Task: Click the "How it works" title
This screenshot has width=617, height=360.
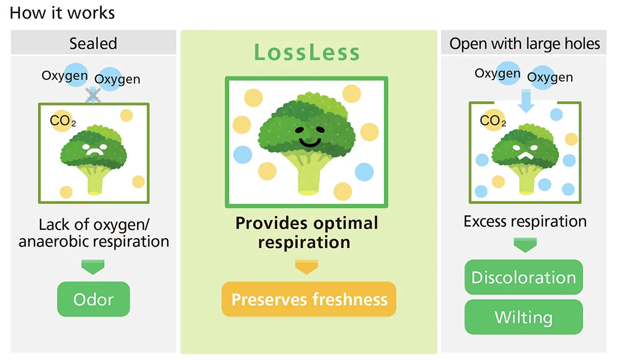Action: click(62, 13)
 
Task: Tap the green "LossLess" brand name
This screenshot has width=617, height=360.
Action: click(307, 52)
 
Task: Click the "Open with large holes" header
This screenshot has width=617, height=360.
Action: click(524, 43)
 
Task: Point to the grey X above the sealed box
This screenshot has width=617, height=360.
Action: click(93, 95)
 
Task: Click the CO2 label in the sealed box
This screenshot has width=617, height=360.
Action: click(63, 121)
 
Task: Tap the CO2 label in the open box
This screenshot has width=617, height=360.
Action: click(493, 120)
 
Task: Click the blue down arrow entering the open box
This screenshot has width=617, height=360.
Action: click(526, 100)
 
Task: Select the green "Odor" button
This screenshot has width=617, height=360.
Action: click(94, 299)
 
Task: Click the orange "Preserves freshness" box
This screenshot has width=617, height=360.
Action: click(309, 299)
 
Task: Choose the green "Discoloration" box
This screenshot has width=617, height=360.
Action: click(523, 277)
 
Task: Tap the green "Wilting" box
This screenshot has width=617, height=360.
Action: click(523, 317)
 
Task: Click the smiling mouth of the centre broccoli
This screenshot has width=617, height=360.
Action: click(310, 142)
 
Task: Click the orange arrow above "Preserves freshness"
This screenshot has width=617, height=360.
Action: click(306, 267)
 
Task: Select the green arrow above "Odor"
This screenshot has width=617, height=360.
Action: click(93, 267)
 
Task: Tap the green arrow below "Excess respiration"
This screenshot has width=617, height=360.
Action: click(525, 245)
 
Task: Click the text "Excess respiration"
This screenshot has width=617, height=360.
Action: click(525, 222)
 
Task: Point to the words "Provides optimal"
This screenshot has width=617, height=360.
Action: click(306, 223)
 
